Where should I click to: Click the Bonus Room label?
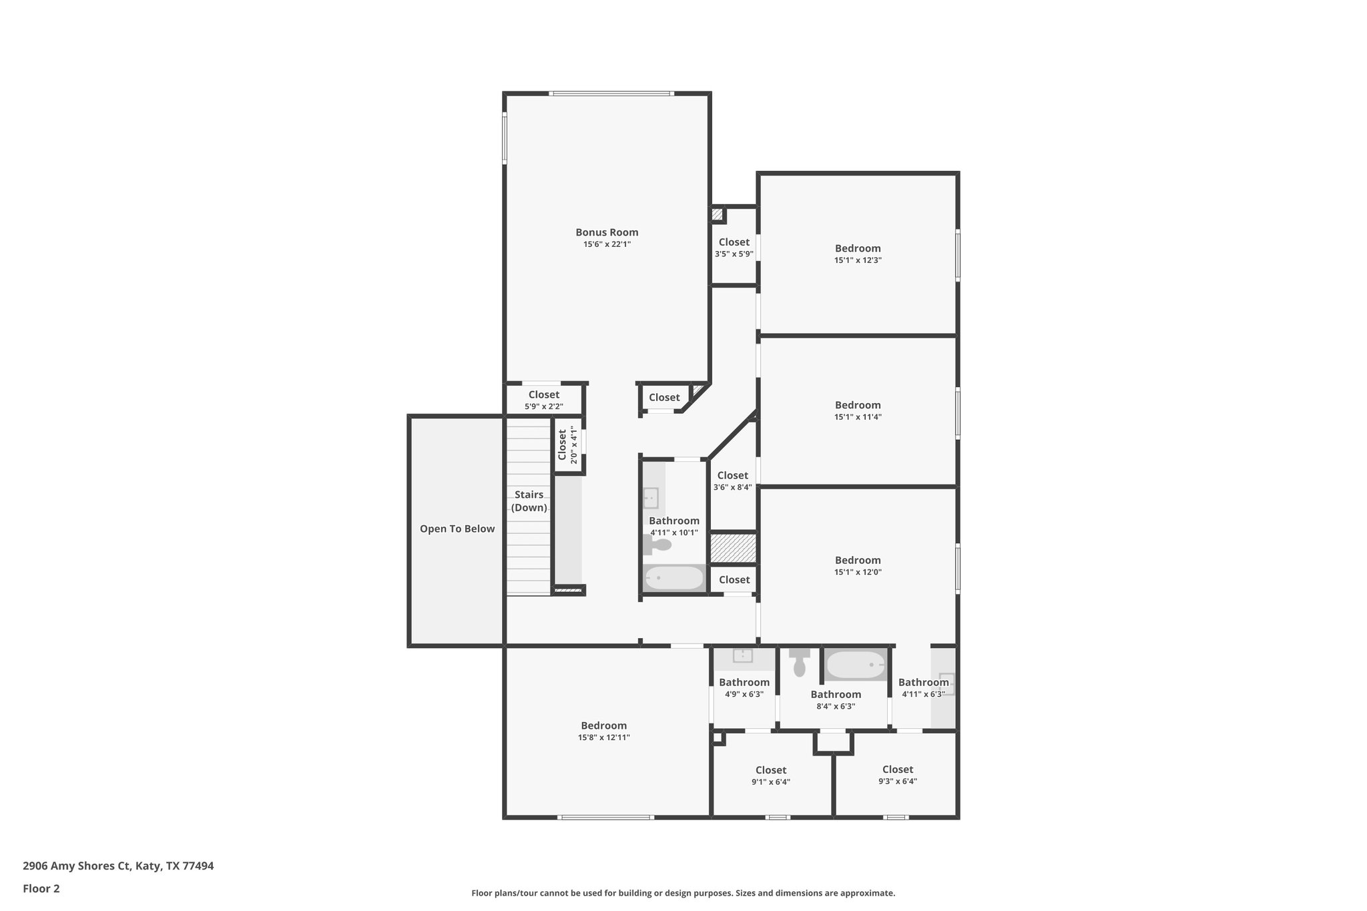607,232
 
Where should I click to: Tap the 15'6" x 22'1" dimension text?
607,245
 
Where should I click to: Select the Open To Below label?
457,529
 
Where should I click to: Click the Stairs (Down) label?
529,501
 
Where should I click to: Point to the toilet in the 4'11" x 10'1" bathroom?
657,545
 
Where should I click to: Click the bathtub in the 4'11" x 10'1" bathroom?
674,578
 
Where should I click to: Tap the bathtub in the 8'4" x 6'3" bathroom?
855,665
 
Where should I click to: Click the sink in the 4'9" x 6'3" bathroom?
743,656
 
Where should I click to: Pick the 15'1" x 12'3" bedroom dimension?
858,261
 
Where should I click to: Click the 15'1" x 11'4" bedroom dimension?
858,417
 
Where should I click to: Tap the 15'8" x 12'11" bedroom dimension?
603,737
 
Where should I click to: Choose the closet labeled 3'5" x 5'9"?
734,248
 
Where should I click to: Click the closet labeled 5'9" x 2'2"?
543,400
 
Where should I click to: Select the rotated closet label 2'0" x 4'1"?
567,444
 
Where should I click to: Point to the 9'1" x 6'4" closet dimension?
771,782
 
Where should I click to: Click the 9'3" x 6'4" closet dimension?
897,782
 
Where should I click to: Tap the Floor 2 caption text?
41,888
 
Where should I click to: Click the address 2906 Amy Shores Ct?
77,866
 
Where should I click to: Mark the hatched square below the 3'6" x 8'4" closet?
733,547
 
